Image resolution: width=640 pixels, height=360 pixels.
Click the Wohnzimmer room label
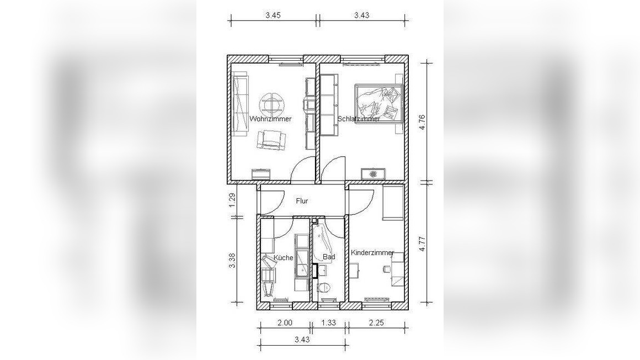[x=270, y=119]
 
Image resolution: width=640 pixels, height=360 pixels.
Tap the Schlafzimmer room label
[x=359, y=119]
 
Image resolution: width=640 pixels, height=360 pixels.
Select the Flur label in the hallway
[x=302, y=201]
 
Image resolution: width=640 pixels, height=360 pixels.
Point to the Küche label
[x=283, y=257]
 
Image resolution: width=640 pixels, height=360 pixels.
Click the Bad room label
[x=329, y=257]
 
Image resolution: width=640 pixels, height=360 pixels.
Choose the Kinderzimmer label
[x=372, y=252]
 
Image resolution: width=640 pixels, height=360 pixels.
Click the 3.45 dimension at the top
[x=273, y=15]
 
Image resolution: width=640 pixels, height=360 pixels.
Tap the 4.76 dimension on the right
[x=422, y=122]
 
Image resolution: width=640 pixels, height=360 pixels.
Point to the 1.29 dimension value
[x=232, y=200]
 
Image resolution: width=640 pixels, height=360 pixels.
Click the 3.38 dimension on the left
[x=232, y=260]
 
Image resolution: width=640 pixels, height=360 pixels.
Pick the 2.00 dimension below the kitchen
[x=285, y=322]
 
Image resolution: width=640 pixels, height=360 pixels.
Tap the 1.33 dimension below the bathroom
[x=329, y=322]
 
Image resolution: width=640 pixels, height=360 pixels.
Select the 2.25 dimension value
[x=376, y=322]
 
